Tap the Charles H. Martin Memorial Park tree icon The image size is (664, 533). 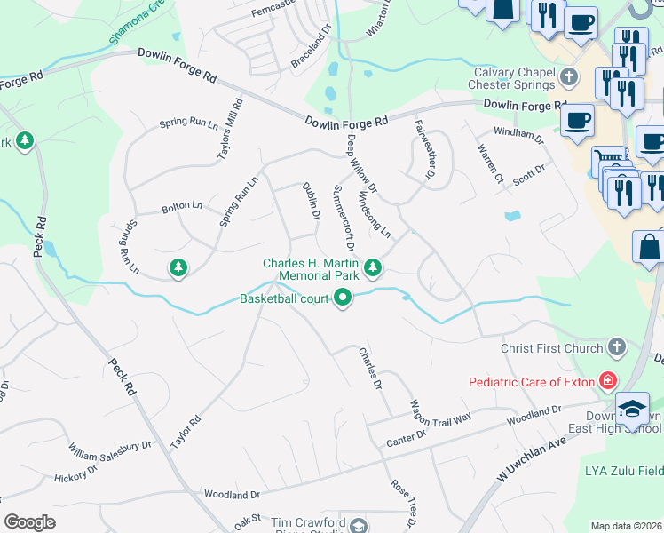(374, 266)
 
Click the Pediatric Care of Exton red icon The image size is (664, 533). (607, 382)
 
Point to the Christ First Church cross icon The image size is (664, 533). (617, 348)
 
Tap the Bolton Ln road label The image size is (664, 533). (181, 206)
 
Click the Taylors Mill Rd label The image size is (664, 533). (231, 130)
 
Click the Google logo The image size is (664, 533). (29, 522)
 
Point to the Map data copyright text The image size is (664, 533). (627, 526)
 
